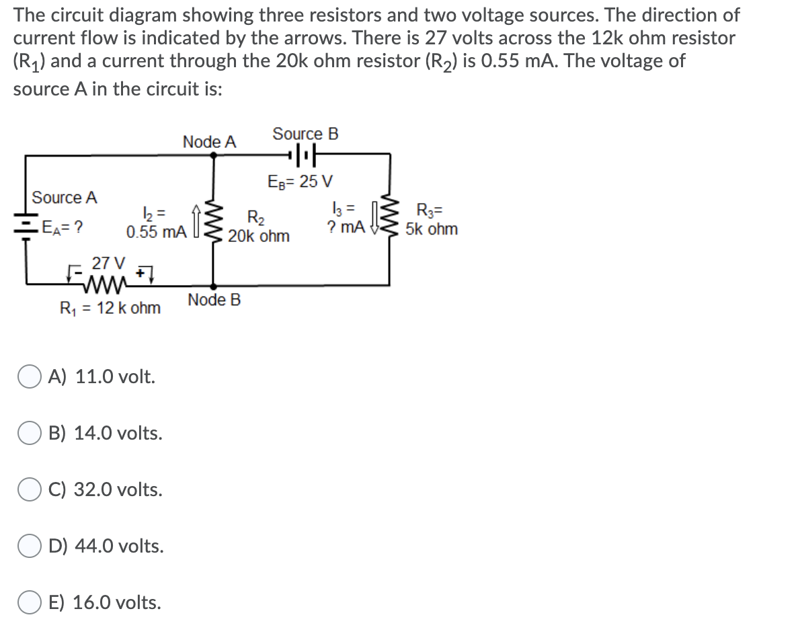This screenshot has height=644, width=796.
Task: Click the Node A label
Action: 210,142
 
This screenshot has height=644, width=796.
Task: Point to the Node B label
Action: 214,299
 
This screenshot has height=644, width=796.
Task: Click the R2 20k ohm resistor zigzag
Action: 214,219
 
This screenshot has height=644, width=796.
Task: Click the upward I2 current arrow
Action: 195,219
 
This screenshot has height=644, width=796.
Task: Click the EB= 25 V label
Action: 301,182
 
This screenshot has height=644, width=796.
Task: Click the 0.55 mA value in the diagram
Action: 156,233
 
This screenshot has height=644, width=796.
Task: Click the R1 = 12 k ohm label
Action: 110,308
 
